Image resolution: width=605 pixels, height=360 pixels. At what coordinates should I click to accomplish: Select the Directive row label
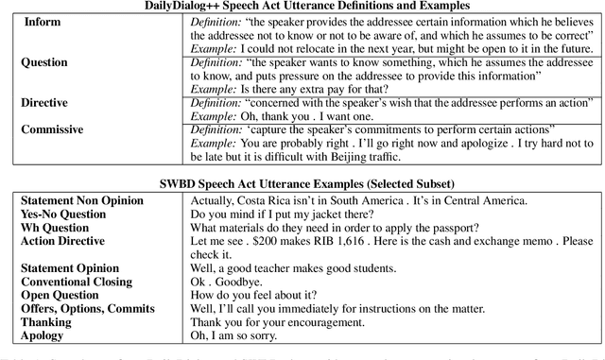(45, 98)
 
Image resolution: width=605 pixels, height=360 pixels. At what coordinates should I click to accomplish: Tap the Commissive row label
(54, 125)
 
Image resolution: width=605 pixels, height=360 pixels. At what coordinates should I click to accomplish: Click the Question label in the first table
(44, 62)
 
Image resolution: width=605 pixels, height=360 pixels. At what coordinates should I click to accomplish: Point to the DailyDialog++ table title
(302, 7)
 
